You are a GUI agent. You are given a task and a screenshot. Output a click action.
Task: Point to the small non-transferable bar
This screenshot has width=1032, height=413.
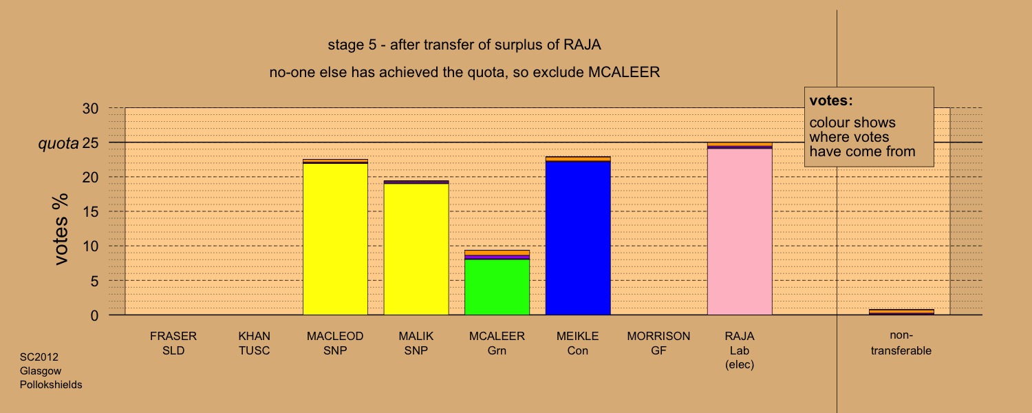[901, 312]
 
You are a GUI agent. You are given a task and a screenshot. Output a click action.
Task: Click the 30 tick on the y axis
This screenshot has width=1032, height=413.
[90, 108]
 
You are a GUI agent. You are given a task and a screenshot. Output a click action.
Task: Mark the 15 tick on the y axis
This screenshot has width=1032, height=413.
[90, 211]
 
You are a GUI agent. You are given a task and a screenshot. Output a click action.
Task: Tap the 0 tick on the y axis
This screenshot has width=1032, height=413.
[94, 315]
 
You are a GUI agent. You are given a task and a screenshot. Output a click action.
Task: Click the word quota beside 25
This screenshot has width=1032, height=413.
[58, 144]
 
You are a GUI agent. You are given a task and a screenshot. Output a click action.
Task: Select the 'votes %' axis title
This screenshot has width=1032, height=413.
[61, 229]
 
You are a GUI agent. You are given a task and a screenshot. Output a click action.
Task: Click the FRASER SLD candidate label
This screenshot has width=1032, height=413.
[173, 343]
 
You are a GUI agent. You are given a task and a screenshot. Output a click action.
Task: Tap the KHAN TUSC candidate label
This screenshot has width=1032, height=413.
[255, 343]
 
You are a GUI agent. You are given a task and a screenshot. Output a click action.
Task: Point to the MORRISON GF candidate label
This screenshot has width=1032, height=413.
[658, 343]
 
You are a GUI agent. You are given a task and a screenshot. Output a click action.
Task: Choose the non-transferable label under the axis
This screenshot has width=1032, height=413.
[901, 343]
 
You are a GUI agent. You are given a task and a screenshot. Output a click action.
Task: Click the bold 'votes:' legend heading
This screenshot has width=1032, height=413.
[831, 100]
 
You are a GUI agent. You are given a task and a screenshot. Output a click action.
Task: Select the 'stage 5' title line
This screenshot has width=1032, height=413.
[464, 45]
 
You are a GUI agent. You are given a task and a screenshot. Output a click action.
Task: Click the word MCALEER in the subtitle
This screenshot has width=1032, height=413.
[624, 72]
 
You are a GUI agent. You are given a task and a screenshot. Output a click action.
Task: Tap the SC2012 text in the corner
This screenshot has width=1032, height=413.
[39, 357]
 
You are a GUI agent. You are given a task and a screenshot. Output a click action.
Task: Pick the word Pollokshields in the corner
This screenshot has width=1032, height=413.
[51, 384]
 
